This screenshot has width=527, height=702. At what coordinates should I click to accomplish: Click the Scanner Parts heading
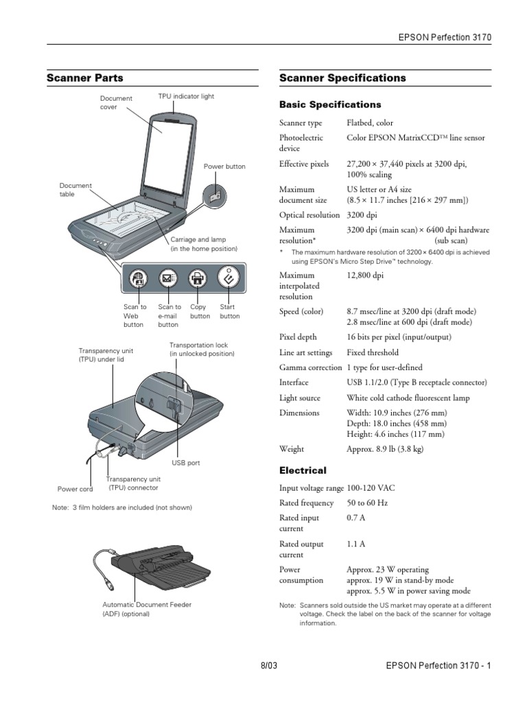pos(85,78)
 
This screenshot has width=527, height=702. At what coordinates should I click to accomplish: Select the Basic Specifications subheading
pos(330,105)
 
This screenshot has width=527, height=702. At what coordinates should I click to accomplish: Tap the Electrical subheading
pos(303,471)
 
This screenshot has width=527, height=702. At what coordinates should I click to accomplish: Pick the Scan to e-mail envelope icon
pos(168,279)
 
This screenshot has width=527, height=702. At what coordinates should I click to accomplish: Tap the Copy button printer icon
pos(198,279)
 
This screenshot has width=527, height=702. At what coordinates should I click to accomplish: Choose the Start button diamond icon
pos(227,278)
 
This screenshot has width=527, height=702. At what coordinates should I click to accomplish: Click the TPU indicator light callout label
pos(186,97)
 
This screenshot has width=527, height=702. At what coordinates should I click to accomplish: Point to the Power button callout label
pos(224,167)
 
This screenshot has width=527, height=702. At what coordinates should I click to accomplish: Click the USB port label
pos(185,463)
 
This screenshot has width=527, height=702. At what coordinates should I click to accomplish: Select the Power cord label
pos(75,489)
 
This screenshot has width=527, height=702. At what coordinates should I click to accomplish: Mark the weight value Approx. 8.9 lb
pos(385,449)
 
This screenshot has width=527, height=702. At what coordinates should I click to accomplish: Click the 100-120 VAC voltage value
pos(371,488)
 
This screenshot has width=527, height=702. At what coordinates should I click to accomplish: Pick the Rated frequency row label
pos(306,503)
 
